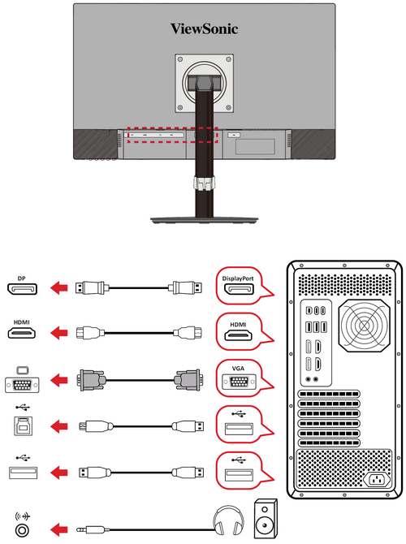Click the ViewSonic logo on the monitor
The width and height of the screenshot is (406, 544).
tap(204, 28)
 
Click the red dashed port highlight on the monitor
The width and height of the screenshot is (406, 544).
tap(171, 135)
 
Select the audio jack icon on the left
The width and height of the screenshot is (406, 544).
tap(22, 529)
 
